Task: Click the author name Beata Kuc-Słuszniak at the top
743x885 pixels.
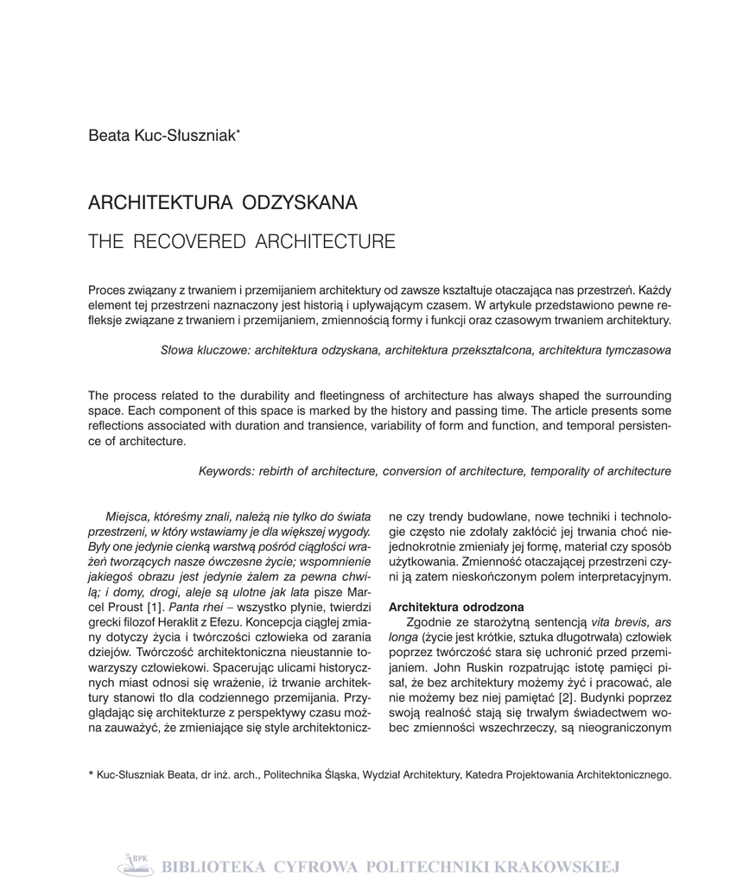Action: tap(162, 135)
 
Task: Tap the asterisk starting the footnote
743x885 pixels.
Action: tap(92, 774)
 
